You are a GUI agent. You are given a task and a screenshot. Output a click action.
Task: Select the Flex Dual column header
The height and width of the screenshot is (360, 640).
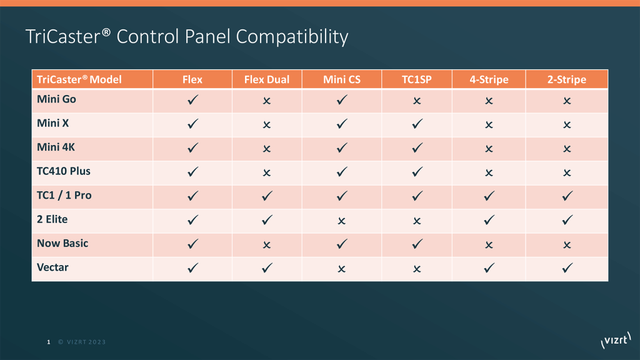click(267, 79)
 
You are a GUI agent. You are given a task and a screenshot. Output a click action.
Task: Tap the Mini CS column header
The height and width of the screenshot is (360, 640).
click(342, 79)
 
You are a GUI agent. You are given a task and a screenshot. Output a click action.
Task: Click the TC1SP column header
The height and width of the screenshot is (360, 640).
click(417, 79)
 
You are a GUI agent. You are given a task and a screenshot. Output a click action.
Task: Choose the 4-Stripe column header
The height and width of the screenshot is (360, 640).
click(489, 79)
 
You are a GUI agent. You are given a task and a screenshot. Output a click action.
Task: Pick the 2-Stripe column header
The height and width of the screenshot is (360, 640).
click(566, 79)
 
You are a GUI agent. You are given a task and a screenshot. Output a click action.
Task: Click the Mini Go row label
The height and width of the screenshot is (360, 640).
click(57, 99)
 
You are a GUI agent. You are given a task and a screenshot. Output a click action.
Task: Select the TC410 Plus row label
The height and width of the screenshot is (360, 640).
click(64, 171)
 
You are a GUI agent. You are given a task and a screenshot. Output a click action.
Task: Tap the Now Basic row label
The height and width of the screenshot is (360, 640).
click(62, 243)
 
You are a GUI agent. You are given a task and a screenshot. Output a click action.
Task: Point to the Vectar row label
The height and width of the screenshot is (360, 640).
click(52, 267)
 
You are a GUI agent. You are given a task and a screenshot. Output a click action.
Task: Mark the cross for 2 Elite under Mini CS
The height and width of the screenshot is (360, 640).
click(342, 221)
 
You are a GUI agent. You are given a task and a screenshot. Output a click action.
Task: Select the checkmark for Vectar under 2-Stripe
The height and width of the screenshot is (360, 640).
click(566, 268)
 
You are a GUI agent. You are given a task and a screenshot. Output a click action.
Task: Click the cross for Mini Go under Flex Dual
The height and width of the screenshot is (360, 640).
click(267, 101)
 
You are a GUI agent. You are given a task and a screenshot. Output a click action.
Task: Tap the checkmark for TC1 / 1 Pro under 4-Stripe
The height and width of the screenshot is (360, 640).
click(489, 196)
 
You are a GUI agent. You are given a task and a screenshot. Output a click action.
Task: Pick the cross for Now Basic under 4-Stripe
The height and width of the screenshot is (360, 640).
click(489, 245)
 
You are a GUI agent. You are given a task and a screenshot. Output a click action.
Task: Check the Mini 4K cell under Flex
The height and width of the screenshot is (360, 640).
click(192, 148)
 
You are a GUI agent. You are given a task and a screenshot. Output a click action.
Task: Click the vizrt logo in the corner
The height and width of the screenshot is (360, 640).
click(614, 341)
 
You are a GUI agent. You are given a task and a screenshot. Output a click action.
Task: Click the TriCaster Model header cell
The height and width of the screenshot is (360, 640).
click(79, 79)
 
